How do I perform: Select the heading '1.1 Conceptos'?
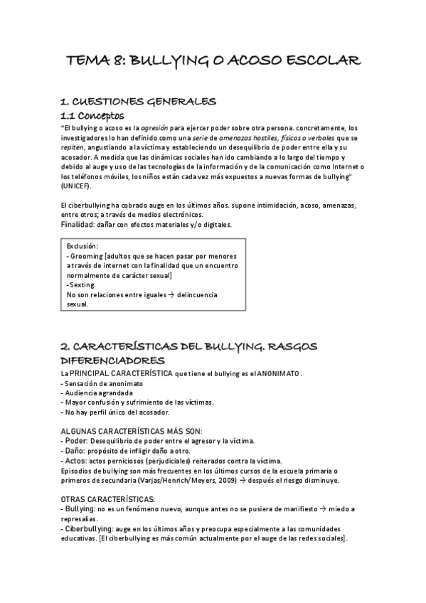point(92,114)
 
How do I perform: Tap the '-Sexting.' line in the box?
point(82,284)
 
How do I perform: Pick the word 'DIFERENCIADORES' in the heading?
point(112,361)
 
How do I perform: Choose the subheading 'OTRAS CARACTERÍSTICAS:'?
point(105,498)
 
